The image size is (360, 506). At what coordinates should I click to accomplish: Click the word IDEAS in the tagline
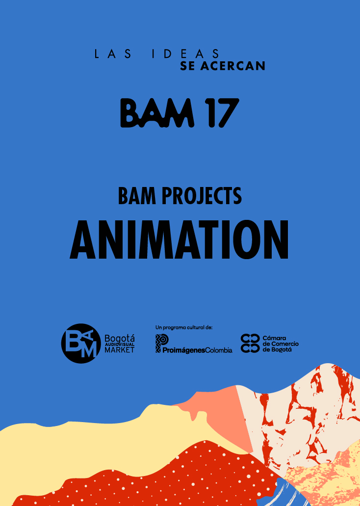185,54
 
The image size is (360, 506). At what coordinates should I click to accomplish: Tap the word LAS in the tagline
113,54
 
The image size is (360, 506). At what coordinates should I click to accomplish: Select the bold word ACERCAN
232,66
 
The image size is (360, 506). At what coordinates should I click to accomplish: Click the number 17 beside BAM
223,112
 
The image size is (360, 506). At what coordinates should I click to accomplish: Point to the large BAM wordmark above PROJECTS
157,112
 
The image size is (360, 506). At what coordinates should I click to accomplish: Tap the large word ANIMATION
179,240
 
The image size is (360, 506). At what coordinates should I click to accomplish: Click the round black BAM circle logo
81,344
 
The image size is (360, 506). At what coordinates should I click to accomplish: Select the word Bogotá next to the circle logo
120,339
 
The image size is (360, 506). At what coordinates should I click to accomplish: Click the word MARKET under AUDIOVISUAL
119,350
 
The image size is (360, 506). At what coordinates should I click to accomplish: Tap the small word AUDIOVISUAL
119,345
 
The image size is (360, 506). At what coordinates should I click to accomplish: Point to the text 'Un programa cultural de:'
184,327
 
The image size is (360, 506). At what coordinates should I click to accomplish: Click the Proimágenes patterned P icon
162,344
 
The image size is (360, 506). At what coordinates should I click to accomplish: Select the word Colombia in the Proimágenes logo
219,350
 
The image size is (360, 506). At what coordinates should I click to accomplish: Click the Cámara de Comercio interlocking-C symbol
250,344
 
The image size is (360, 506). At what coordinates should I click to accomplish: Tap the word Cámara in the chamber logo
274,338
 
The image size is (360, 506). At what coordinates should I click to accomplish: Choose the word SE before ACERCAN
187,66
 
